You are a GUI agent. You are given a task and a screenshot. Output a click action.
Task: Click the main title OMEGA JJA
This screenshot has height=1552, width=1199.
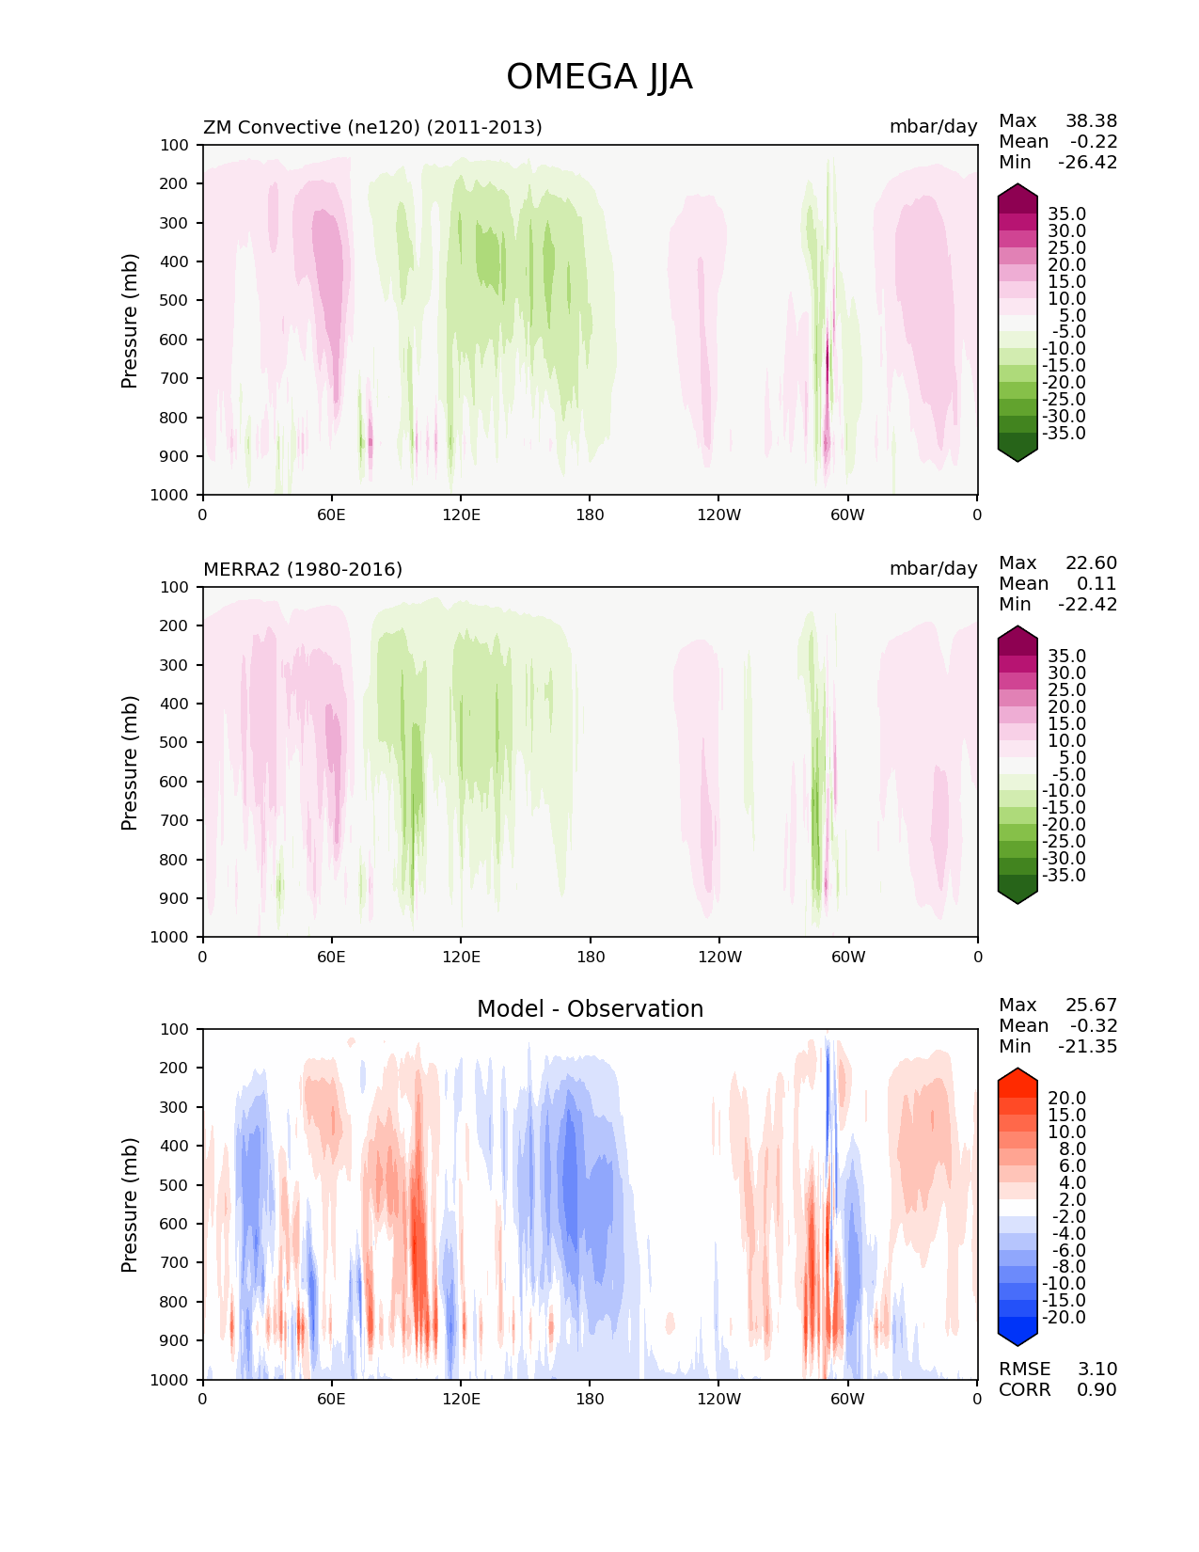[599, 77]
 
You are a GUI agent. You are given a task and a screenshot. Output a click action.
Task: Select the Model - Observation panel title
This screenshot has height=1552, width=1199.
[590, 1009]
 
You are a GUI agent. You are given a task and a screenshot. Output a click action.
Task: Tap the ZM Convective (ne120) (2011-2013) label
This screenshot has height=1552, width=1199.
[372, 127]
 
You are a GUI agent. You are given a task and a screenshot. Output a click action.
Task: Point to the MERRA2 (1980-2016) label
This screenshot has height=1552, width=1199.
[303, 569]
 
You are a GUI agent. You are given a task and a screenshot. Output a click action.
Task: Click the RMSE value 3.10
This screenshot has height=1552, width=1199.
[1096, 1369]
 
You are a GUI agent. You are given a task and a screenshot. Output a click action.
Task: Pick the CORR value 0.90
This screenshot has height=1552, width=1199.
[1096, 1389]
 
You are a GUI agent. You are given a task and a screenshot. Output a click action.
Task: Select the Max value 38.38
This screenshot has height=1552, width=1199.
[1091, 120]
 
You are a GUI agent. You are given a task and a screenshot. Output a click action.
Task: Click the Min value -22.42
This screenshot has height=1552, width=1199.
[1087, 604]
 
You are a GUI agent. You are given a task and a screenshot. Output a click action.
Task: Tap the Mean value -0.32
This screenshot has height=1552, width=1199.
[1094, 1025]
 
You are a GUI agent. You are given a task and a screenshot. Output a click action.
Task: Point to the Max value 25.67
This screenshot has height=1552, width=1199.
[1091, 1005]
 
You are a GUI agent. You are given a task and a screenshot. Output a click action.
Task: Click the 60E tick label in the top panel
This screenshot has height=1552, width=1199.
[331, 515]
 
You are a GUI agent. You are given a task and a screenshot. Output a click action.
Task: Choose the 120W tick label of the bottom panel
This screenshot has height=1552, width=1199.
[719, 1399]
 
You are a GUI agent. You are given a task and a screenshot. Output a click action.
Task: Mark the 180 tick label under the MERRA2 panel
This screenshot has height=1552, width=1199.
[590, 957]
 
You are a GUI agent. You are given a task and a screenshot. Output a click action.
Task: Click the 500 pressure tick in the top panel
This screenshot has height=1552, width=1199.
[175, 300]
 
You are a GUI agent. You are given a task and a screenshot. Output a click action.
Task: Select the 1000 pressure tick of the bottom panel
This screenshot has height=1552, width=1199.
[170, 1380]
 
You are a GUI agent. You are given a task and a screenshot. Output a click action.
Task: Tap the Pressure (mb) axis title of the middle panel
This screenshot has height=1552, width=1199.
[130, 762]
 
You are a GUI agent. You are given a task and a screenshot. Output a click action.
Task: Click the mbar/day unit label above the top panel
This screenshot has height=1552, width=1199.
[933, 127]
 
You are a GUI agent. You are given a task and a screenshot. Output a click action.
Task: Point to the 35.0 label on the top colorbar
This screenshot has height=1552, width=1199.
[1066, 214]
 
